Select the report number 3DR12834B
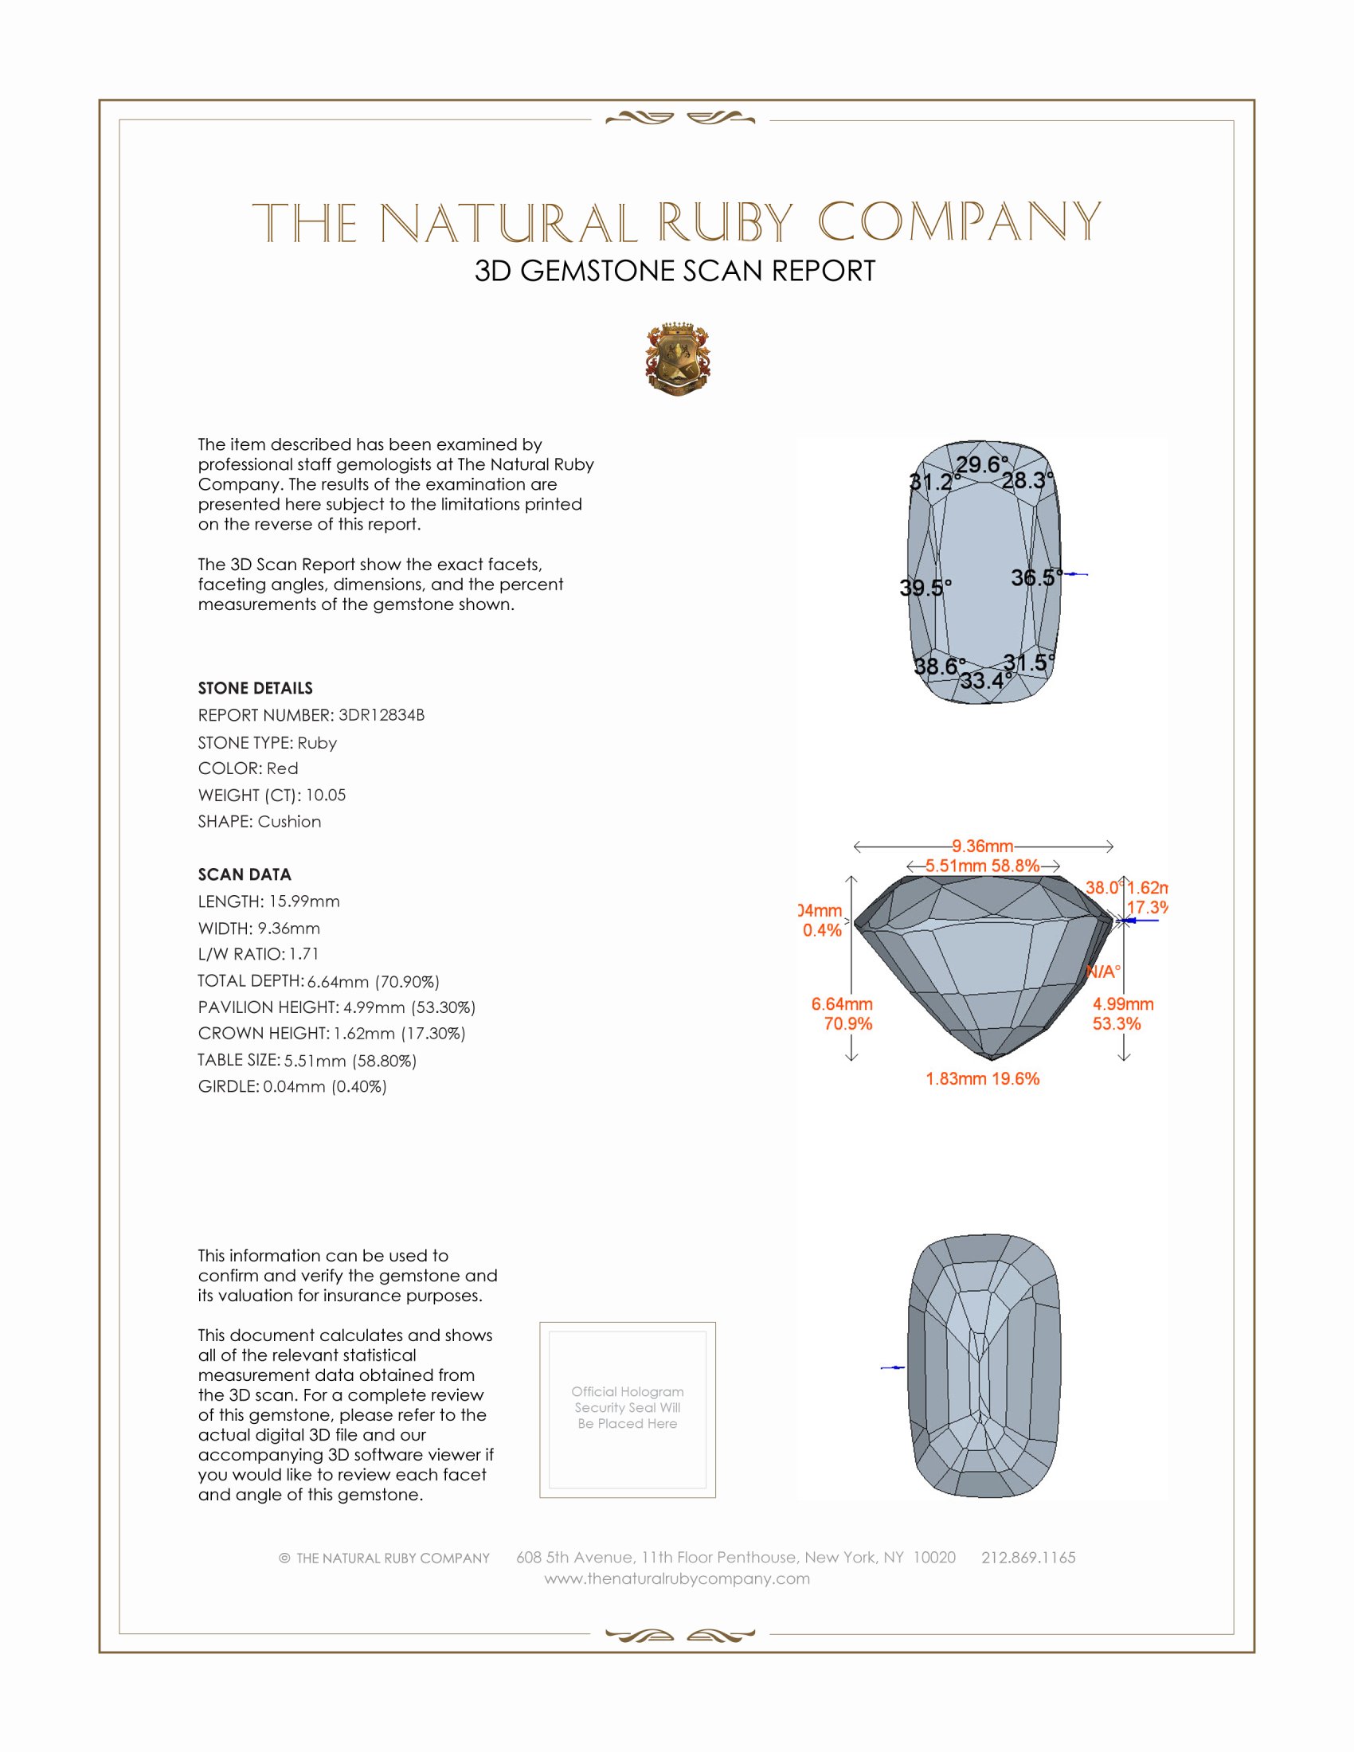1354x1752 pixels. point(381,715)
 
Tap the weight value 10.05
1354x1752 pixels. point(326,795)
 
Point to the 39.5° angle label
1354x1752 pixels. point(925,588)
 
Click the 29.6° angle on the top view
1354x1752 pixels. point(982,464)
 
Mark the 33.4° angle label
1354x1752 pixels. point(986,681)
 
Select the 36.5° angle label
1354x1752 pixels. point(1035,577)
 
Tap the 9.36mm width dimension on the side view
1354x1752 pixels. point(983,847)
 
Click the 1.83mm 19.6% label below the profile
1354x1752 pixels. point(983,1078)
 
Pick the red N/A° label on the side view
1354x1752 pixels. point(1103,972)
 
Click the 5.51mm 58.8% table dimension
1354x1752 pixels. point(983,866)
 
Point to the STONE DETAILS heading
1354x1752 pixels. point(255,688)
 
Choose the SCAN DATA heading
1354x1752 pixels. point(245,874)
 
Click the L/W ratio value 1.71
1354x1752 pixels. point(304,954)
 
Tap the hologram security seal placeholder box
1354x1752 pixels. point(628,1410)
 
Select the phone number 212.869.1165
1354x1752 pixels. point(1028,1557)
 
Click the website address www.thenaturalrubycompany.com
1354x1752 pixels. point(677,1578)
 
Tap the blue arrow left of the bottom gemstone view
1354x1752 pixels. point(893,1367)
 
